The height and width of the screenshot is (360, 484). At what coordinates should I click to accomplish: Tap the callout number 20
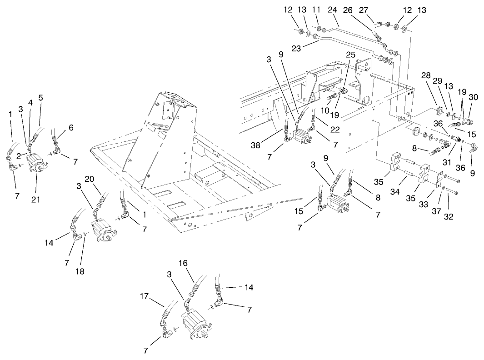(x=89, y=179)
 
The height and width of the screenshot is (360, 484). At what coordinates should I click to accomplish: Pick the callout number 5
(x=40, y=98)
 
